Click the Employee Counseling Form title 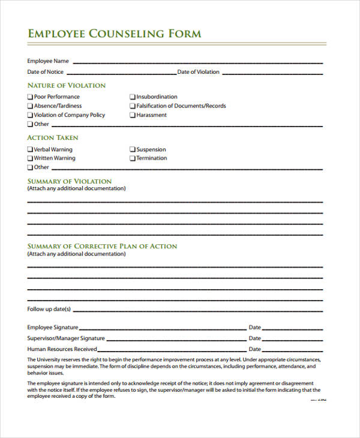114,34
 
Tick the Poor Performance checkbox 31,97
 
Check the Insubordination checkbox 133,97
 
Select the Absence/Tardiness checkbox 31,106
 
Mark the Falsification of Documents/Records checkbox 133,106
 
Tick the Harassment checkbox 133,115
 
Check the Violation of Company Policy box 31,115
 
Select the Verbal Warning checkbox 31,149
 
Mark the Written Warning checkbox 31,158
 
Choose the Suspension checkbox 133,149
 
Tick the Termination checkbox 133,158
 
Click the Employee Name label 48,61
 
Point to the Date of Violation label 199,72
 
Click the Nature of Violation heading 66,85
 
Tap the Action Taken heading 53,137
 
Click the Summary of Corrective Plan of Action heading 102,246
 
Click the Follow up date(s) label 49,310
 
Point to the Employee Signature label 53,328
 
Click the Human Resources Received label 62,349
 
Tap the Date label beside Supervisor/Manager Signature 254,338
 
